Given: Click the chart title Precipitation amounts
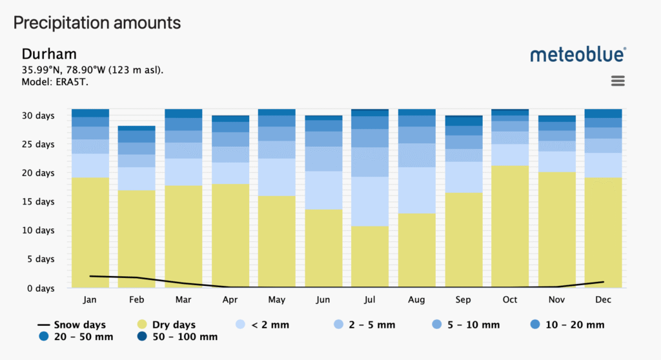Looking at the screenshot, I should coord(97,23).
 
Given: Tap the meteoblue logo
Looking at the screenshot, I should coord(578,55).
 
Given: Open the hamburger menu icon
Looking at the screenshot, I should coord(618,81).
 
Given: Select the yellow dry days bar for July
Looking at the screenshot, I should coord(369,257).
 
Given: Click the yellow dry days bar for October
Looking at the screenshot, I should coord(509,226).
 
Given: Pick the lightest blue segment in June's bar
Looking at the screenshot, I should coord(323,190).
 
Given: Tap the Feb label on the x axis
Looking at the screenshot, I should coord(137,300).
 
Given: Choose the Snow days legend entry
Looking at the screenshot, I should coord(72,325).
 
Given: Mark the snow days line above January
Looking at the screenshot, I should coord(90,275).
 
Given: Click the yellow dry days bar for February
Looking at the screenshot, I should coord(137,239).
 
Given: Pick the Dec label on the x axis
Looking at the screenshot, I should coord(603,300).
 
